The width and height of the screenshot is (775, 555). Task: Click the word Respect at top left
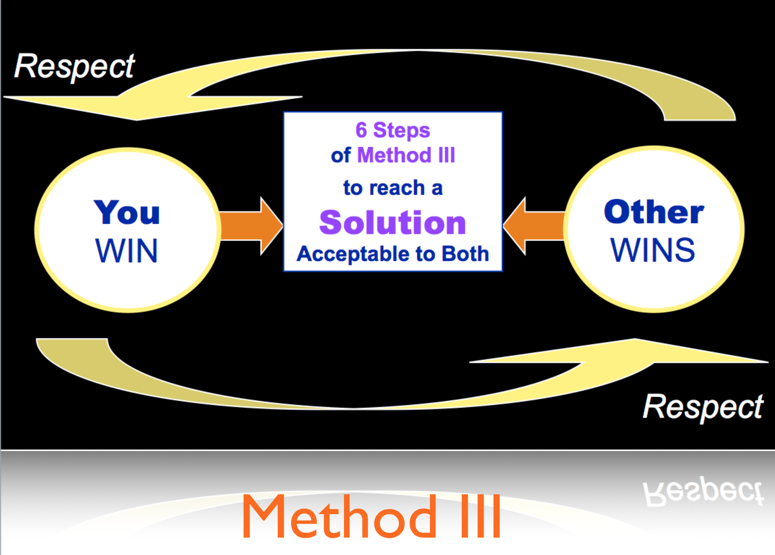(x=74, y=66)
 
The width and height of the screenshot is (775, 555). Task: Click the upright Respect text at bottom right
(x=703, y=407)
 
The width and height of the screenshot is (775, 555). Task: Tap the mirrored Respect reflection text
(x=703, y=491)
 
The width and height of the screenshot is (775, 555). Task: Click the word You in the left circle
(x=127, y=212)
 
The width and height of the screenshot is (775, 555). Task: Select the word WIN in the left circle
(x=126, y=251)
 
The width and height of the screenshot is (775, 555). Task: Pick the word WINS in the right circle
(x=653, y=250)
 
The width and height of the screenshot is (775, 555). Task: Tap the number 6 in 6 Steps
(x=361, y=130)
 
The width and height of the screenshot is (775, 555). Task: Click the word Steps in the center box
(x=401, y=131)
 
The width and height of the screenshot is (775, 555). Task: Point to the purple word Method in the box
(x=394, y=155)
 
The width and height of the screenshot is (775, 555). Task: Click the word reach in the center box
(x=397, y=188)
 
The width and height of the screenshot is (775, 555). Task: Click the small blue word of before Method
(x=341, y=156)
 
